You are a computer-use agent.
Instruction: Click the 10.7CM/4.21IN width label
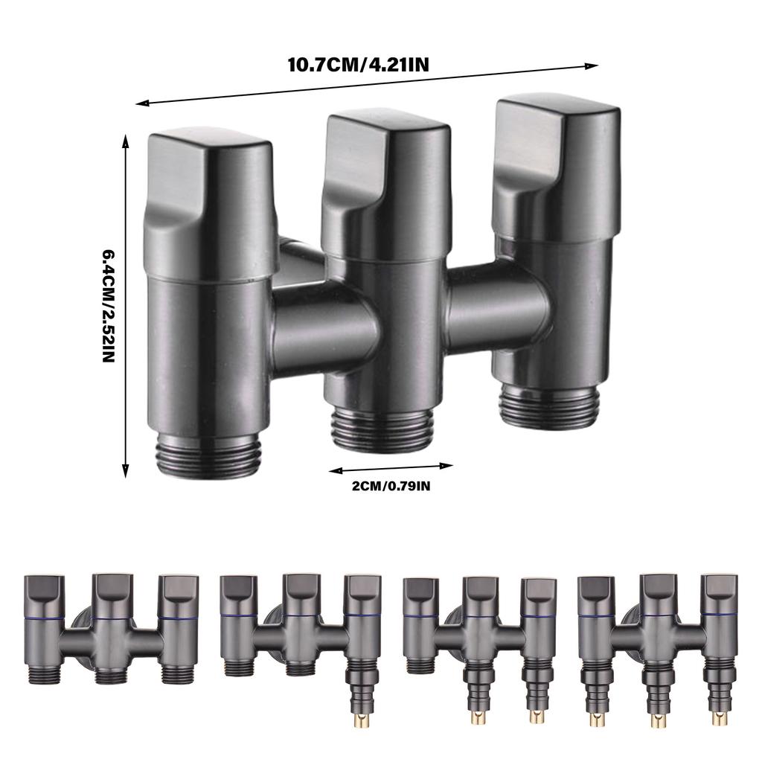357,64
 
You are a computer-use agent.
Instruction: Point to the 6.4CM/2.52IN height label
108,305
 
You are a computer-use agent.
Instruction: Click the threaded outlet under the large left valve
211,458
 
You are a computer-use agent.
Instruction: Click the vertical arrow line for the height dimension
125,305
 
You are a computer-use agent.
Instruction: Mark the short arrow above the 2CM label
391,468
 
